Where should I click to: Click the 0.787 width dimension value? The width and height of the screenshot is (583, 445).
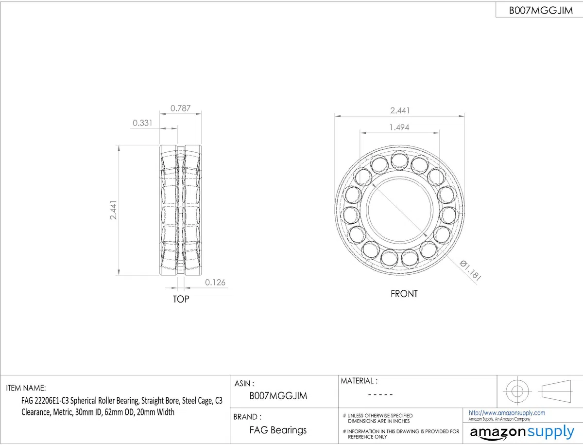coord(180,108)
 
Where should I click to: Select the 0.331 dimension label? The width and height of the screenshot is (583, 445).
coord(142,123)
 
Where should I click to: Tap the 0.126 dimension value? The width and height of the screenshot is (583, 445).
coord(215,282)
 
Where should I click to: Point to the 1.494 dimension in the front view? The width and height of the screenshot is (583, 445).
coord(399,127)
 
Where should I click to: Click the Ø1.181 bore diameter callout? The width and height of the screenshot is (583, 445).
coord(470,270)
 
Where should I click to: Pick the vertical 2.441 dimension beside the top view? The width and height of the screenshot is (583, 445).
coord(113,210)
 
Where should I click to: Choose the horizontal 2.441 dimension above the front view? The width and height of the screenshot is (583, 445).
coord(400,110)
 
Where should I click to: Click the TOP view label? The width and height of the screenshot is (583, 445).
coord(181,299)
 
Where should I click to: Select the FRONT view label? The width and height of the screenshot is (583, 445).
coord(404,294)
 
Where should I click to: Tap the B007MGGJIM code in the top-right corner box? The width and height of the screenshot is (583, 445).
coord(541,10)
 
